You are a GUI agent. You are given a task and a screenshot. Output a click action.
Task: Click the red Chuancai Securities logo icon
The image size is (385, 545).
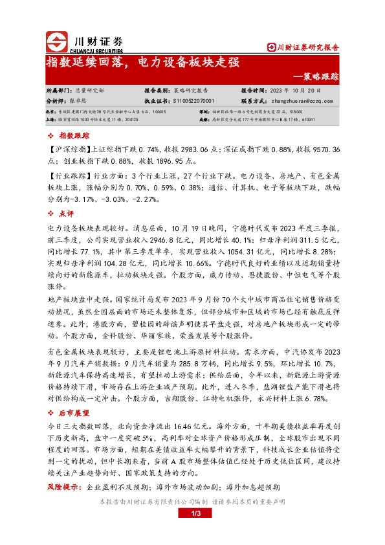(x=56, y=41)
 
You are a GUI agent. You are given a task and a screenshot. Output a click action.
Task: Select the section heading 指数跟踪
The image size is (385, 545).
(x=71, y=136)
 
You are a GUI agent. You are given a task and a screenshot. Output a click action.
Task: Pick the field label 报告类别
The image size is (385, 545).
(x=157, y=91)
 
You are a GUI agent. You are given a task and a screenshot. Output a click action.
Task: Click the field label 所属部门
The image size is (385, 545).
(x=60, y=91)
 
